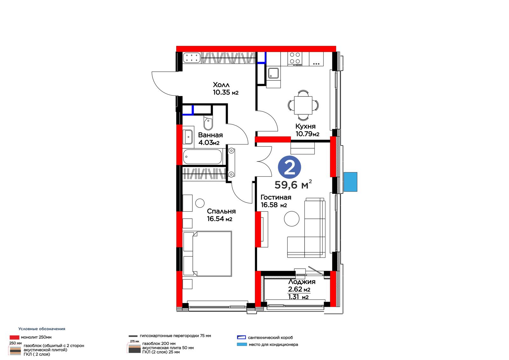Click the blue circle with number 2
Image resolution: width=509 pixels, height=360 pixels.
tap(289, 167)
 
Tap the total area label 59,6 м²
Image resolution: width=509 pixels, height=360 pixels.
tap(293, 184)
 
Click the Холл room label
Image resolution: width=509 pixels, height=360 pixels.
tap(221, 85)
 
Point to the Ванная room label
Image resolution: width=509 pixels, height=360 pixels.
tap(210, 135)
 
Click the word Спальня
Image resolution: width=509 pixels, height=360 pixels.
tap(221, 211)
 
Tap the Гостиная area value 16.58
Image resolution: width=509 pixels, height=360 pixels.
tap(269, 205)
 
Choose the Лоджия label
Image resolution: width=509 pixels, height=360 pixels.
tap(302, 282)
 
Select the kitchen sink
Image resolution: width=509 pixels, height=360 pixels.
tap(274, 73)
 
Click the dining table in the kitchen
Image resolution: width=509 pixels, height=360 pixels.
tap(303, 105)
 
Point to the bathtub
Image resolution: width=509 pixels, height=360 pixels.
tap(202, 157)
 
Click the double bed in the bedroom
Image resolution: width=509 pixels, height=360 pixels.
tap(207, 254)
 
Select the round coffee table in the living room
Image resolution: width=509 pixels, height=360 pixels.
tap(291, 219)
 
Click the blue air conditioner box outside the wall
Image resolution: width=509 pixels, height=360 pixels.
tap(350, 182)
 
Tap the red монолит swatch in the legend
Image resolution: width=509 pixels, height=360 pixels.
tap(14, 337)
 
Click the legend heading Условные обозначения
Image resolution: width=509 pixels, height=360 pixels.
tap(42, 329)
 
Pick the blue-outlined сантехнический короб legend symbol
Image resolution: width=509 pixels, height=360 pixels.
tap(241, 337)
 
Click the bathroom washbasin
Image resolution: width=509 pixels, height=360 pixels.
tap(188, 137)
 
